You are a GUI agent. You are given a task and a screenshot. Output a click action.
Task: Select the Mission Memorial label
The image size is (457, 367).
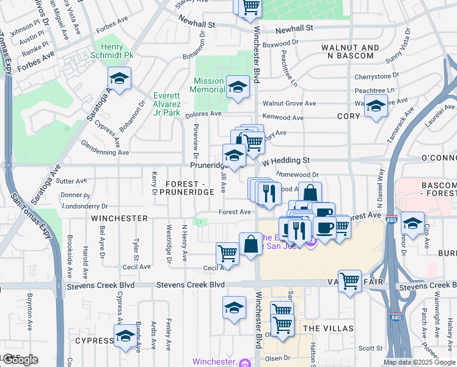point(209,85)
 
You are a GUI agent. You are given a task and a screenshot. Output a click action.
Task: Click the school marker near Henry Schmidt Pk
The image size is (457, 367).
point(120,79)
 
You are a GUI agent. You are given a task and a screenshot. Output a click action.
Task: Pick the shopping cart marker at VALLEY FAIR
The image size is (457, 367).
point(349,281)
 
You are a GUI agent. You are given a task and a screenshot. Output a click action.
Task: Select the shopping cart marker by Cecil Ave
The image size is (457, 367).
point(227,253)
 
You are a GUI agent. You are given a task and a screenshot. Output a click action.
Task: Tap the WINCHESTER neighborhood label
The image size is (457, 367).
point(119,218)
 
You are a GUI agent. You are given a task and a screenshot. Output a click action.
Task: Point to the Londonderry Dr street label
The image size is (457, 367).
point(80,206)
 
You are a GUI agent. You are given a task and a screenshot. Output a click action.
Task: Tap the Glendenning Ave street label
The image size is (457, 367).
point(105,147)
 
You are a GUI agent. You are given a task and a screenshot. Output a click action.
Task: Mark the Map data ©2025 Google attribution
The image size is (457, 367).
point(419,362)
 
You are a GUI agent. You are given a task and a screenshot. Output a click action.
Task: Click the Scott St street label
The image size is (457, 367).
point(370,348)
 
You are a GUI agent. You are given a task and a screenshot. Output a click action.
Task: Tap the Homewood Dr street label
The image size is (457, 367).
point(298,174)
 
